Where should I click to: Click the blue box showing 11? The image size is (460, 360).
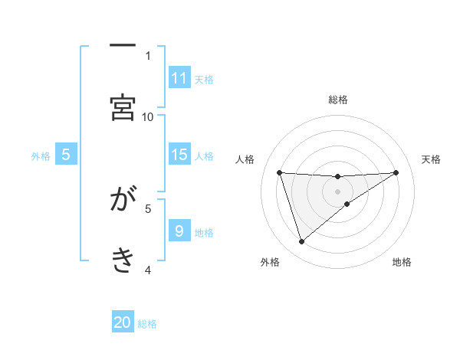(x=179, y=78)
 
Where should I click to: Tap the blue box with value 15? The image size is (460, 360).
(x=179, y=155)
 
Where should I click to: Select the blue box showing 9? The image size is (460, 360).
(x=179, y=231)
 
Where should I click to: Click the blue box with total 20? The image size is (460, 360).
(x=123, y=322)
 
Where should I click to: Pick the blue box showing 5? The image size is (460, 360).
(x=66, y=155)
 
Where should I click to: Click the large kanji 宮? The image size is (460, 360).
(x=123, y=107)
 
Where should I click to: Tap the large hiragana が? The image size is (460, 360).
(x=123, y=201)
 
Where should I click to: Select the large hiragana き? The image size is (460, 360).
(x=123, y=260)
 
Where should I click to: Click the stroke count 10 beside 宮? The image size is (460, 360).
(x=148, y=116)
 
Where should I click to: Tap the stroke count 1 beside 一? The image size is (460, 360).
(x=148, y=55)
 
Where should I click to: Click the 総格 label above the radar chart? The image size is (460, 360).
(x=338, y=100)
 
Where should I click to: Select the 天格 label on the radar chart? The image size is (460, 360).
(x=432, y=159)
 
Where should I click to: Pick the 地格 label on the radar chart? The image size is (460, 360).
(x=402, y=263)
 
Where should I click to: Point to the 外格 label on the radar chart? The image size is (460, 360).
(x=270, y=263)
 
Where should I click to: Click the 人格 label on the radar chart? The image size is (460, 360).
(x=245, y=159)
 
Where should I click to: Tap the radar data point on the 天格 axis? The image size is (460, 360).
(x=396, y=172)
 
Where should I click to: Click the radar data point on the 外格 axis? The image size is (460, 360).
(x=301, y=242)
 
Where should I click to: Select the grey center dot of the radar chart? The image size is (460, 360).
(x=337, y=191)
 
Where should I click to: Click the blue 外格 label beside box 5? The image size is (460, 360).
(x=41, y=156)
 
